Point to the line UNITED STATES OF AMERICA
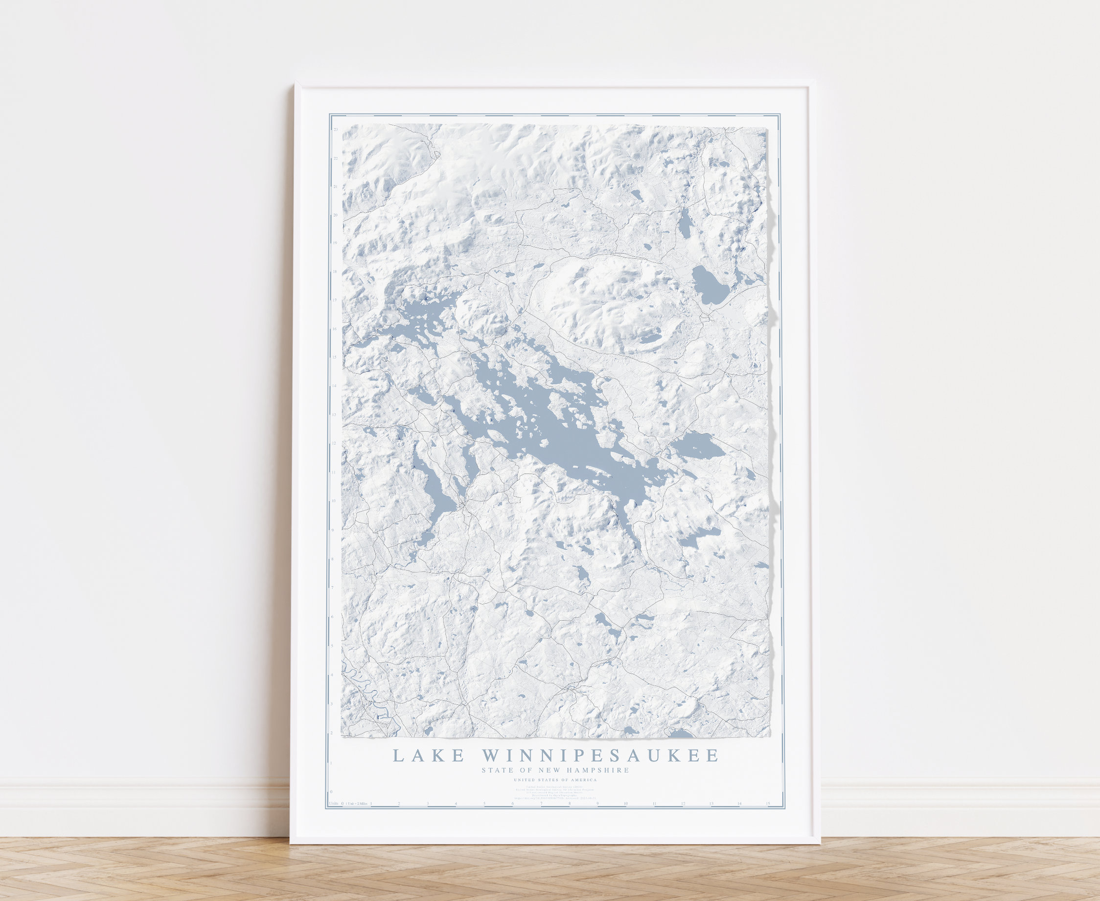click(555, 780)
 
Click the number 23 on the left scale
click(336, 129)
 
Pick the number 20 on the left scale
click(336, 214)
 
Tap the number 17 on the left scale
click(336, 300)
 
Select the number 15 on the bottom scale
click(768, 804)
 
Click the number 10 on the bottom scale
click(626, 804)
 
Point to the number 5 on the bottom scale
click(484, 804)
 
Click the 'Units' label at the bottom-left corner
click(334, 804)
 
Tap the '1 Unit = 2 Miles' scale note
click(357, 804)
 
